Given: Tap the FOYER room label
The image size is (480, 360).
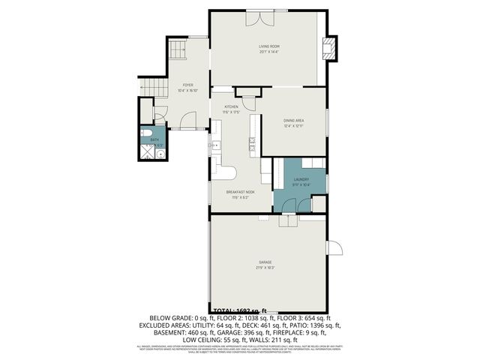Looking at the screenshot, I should pyautogui.click(x=187, y=85).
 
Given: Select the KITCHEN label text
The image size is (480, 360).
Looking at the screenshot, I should pyautogui.click(x=232, y=107).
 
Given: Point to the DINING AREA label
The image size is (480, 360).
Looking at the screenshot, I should pyautogui.click(x=293, y=120).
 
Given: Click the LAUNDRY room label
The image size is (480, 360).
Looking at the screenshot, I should pyautogui.click(x=301, y=179).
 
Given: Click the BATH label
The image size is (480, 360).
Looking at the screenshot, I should pyautogui.click(x=154, y=139).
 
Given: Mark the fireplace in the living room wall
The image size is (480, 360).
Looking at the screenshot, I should pyautogui.click(x=328, y=49).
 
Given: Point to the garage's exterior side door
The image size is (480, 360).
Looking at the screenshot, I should pyautogui.click(x=335, y=247).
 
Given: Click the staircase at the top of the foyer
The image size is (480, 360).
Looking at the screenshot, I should pyautogui.click(x=177, y=51).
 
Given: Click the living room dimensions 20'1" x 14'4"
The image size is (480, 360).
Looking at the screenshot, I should pyautogui.click(x=269, y=51).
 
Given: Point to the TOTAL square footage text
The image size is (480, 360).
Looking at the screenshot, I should pyautogui.click(x=240, y=310).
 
